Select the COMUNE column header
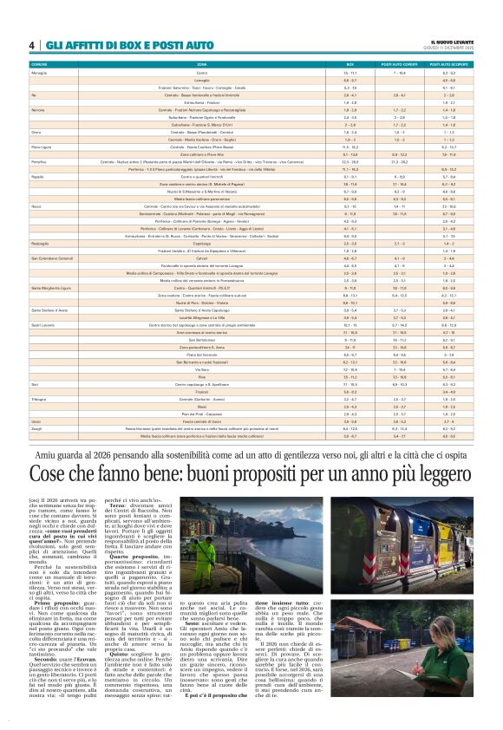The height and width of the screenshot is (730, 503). click(x=39, y=65)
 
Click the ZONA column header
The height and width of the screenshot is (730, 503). click(x=202, y=65)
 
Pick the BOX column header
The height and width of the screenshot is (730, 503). click(x=350, y=65)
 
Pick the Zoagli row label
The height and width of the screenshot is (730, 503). click(x=37, y=429)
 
